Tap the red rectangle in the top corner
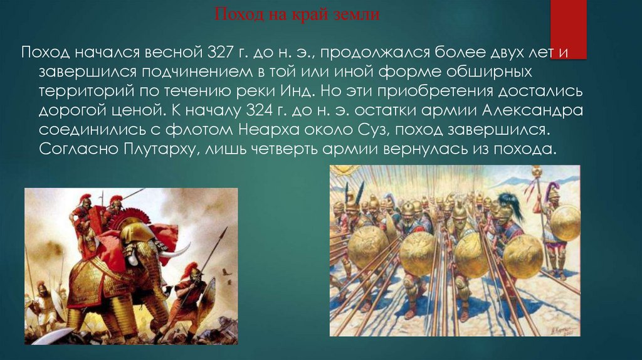568,28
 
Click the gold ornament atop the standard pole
537,171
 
